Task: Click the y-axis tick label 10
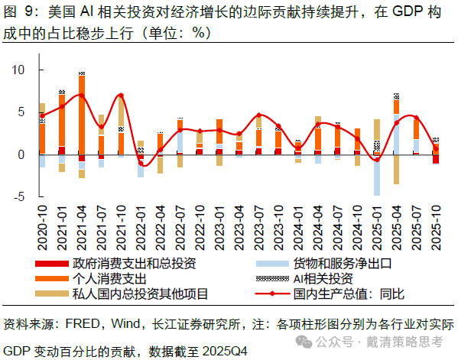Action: point(18,70)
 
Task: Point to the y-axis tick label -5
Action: point(18,196)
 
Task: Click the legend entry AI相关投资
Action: point(322,277)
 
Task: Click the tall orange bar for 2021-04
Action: point(82,115)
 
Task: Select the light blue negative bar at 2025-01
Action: point(377,175)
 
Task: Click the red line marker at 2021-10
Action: point(121,96)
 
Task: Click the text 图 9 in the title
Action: point(19,12)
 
